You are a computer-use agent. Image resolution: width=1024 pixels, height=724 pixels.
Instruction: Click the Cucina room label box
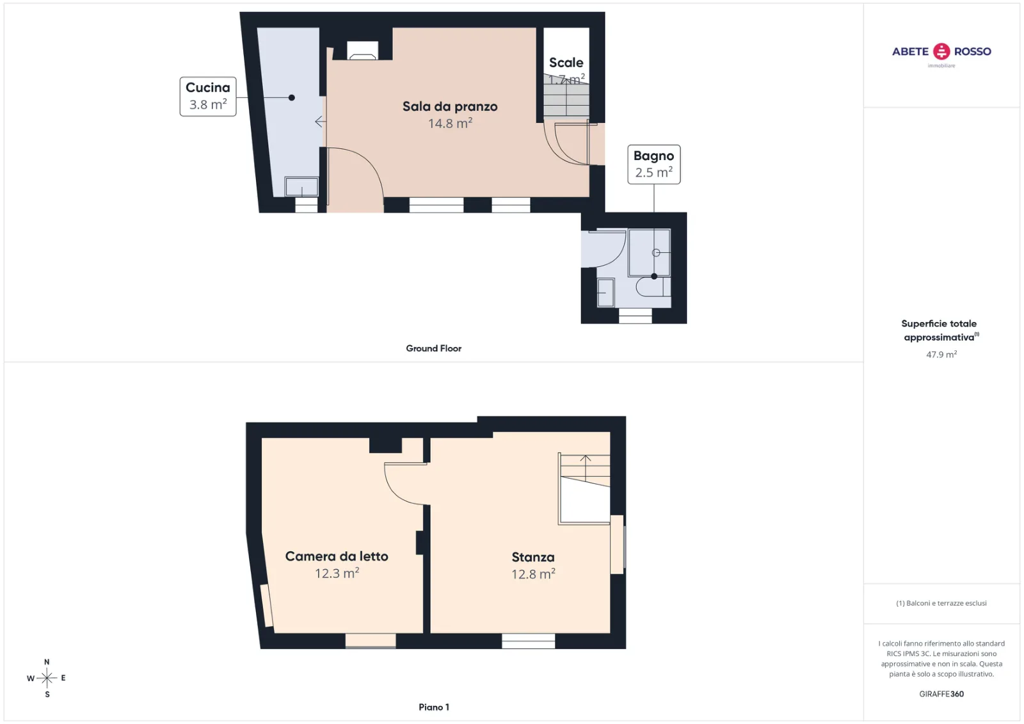tap(208, 97)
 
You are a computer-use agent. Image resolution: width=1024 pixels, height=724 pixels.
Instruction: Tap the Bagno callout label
tap(653, 164)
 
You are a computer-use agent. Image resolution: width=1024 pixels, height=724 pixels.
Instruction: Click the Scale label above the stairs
tap(566, 63)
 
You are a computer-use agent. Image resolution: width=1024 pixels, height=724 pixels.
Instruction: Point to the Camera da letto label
tap(337, 556)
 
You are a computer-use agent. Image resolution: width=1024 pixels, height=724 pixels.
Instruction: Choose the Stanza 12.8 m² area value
tap(533, 574)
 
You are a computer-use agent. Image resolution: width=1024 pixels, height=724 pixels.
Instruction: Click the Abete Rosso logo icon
tap(941, 51)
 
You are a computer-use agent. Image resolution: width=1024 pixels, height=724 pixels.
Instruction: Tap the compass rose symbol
tap(47, 678)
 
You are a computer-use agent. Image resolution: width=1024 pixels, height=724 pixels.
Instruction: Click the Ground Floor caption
tap(433, 348)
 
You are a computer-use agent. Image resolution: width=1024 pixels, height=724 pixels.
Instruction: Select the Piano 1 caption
tap(434, 707)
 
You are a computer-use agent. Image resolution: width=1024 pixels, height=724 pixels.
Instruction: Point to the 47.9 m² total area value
tap(941, 355)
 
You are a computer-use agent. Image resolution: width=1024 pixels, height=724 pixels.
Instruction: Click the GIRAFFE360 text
tap(941, 694)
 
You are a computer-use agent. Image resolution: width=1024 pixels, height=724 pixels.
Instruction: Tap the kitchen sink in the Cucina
tap(301, 187)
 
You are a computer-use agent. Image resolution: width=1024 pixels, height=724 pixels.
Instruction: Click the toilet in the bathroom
tap(653, 286)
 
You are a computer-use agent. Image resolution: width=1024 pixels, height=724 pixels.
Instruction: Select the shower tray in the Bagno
tap(649, 252)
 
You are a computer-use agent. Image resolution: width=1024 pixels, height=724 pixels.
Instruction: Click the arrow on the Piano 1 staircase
tap(586, 467)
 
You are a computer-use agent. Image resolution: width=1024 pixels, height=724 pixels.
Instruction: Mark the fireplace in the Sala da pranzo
tap(362, 51)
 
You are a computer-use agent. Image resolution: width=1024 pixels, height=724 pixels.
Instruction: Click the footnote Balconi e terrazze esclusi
tap(941, 603)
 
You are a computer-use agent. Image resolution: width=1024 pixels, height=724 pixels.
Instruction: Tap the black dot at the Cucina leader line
tap(292, 97)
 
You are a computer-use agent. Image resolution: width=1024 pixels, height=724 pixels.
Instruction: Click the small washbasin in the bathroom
tap(605, 293)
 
